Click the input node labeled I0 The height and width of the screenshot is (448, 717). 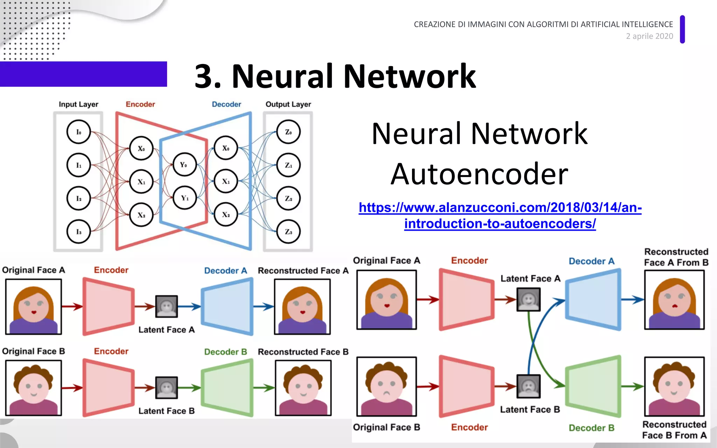[78, 132]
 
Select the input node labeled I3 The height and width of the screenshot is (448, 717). [78, 232]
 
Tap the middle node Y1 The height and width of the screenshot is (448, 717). [185, 198]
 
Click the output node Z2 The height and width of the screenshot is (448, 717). [288, 198]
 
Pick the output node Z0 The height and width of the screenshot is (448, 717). [288, 132]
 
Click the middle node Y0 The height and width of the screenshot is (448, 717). [184, 164]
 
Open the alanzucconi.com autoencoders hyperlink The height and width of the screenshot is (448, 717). [500, 215]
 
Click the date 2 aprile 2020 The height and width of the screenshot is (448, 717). [649, 36]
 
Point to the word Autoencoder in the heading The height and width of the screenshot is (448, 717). [479, 174]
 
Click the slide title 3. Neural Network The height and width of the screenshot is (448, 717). [335, 76]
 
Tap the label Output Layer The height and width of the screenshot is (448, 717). [288, 104]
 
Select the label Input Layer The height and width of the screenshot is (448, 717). [78, 104]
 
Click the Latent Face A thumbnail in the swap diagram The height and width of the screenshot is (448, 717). [528, 300]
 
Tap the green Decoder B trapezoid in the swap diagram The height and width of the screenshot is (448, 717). [593, 386]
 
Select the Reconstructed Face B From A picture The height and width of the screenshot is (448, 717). [674, 387]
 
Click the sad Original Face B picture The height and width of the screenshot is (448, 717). [387, 386]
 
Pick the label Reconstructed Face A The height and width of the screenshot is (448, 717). [303, 271]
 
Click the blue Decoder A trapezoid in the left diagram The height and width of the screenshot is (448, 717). [228, 307]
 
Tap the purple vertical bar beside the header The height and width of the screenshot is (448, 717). [682, 29]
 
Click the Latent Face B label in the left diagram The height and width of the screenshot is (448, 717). [166, 411]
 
